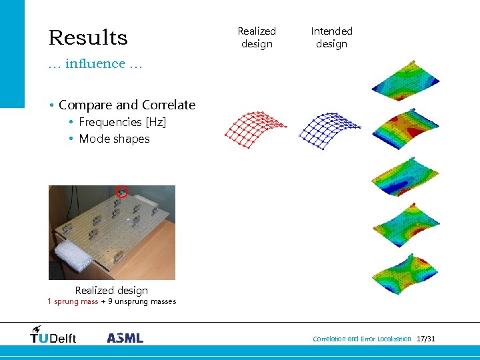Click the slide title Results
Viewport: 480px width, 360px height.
87,37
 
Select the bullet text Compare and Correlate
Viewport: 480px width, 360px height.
127,105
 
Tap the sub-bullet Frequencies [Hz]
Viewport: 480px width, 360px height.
122,122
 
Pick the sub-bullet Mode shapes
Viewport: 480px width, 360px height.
114,139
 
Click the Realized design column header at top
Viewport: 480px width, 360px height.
257,37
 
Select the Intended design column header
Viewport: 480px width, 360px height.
331,37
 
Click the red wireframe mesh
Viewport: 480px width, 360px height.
255,128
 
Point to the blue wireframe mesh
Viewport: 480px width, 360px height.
329,128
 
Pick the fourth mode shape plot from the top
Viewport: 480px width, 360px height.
405,225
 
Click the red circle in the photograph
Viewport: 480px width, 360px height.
121,192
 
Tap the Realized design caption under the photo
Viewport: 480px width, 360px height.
111,291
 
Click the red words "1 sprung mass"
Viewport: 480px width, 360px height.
73,301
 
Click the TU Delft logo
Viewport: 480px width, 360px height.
53,335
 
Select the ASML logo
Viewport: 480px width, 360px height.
125,338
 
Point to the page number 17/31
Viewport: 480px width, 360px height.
425,339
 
